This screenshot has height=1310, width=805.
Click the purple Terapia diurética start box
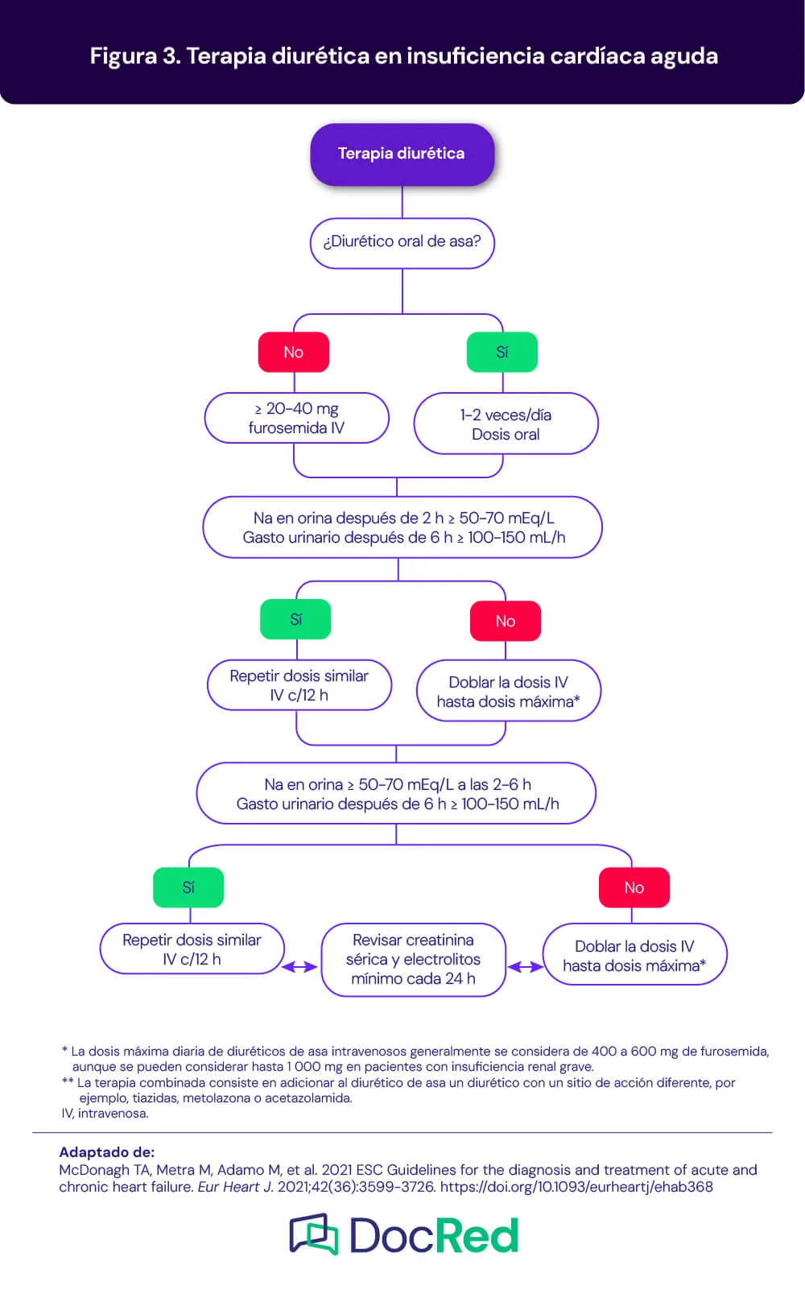pyautogui.click(x=402, y=154)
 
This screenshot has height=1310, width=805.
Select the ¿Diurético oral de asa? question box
pyautogui.click(x=402, y=242)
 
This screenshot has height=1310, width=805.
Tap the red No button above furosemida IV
pyautogui.click(x=294, y=352)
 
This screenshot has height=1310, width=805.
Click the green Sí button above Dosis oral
pyautogui.click(x=502, y=352)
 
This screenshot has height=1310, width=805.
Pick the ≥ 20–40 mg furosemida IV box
pyautogui.click(x=296, y=418)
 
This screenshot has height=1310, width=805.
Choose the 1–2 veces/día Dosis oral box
pyautogui.click(x=506, y=424)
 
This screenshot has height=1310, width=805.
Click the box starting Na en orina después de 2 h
pyautogui.click(x=402, y=527)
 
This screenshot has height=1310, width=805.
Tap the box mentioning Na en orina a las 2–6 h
pyautogui.click(x=396, y=794)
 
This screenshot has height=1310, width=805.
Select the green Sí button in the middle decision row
pyautogui.click(x=295, y=619)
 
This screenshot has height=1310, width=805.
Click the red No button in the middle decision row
pyautogui.click(x=506, y=621)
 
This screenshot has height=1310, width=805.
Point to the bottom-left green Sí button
pyautogui.click(x=188, y=887)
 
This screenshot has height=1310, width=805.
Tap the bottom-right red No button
pyautogui.click(x=634, y=887)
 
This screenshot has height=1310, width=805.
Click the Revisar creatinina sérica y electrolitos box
pyautogui.click(x=413, y=959)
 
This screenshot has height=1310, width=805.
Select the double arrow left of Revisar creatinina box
pyautogui.click(x=299, y=967)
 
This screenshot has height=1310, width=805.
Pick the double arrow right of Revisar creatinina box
pyautogui.click(x=526, y=967)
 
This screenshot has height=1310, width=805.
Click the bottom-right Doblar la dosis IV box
pyautogui.click(x=634, y=955)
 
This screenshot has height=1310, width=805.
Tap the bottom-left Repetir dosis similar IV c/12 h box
pyautogui.click(x=192, y=949)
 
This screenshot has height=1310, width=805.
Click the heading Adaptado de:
pyautogui.click(x=106, y=1152)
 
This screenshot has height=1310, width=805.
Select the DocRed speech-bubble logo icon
pyautogui.click(x=314, y=1234)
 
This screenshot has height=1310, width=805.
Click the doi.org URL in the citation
pyautogui.click(x=576, y=1187)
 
